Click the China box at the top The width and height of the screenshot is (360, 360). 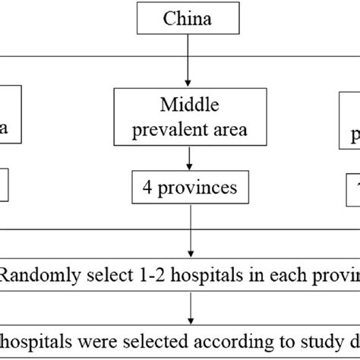pyautogui.click(x=186, y=17)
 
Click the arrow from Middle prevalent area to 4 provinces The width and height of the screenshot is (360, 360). pyautogui.click(x=186, y=157)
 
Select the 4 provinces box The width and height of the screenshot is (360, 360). pyautogui.click(x=186, y=186)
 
